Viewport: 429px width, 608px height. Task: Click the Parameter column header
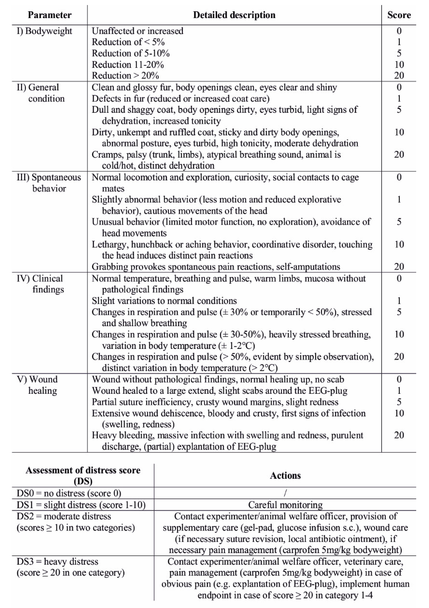(50, 15)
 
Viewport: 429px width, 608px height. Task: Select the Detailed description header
(234, 15)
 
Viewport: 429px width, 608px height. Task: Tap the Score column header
(399, 15)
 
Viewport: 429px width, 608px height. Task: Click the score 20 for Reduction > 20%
(399, 76)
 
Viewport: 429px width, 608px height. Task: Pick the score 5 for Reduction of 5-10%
(399, 53)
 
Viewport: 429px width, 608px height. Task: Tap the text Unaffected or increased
(137, 31)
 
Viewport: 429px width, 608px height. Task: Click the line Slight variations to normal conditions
(164, 301)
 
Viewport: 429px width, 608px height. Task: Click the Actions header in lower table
(285, 476)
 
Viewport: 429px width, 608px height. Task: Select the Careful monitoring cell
(285, 505)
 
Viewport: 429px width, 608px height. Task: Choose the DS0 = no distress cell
(69, 493)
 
